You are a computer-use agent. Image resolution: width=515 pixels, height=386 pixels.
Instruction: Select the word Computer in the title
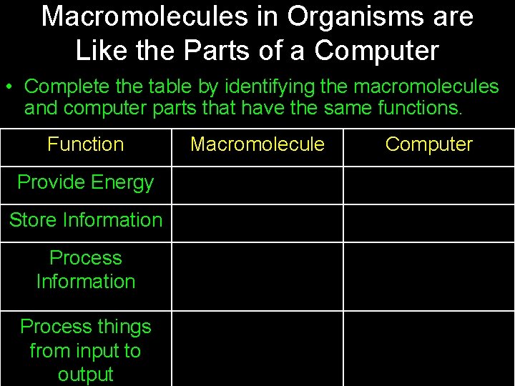click(x=376, y=51)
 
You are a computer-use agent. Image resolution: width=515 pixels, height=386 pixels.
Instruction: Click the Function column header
click(x=85, y=144)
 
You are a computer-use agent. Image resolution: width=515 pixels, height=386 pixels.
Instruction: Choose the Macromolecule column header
click(x=257, y=144)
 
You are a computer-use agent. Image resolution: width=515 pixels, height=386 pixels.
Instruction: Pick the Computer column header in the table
click(x=428, y=144)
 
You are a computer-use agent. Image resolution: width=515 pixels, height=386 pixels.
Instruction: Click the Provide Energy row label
click(x=85, y=182)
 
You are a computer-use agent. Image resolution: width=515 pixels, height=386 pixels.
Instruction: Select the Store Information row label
click(x=85, y=220)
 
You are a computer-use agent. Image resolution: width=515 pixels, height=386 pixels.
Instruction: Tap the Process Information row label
click(x=85, y=269)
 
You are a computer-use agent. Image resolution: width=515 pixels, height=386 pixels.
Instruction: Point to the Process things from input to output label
click(x=85, y=350)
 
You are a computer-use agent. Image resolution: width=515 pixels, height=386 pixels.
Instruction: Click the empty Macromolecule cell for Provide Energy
click(x=257, y=185)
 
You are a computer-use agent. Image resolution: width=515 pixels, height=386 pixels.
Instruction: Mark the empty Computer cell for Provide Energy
click(x=428, y=185)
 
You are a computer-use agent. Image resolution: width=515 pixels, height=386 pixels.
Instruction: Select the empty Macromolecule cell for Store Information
click(x=257, y=223)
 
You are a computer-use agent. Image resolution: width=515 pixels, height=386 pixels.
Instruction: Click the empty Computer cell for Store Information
click(x=428, y=223)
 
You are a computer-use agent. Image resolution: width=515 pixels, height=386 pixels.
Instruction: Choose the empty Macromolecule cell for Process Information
click(x=257, y=276)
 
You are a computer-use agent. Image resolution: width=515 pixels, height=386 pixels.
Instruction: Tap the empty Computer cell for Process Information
click(x=428, y=276)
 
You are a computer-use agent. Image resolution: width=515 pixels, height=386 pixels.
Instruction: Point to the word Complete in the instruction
click(x=63, y=87)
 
